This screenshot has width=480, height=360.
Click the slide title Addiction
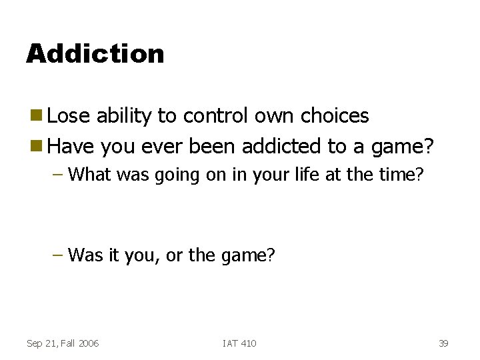[95, 53]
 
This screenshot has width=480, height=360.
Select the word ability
[125, 116]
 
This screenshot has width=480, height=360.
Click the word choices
[335, 116]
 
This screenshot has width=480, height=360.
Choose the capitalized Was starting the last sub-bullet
[85, 255]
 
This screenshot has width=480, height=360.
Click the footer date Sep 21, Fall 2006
[62, 343]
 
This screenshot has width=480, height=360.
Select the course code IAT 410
[239, 343]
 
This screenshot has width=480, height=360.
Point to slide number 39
[443, 343]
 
